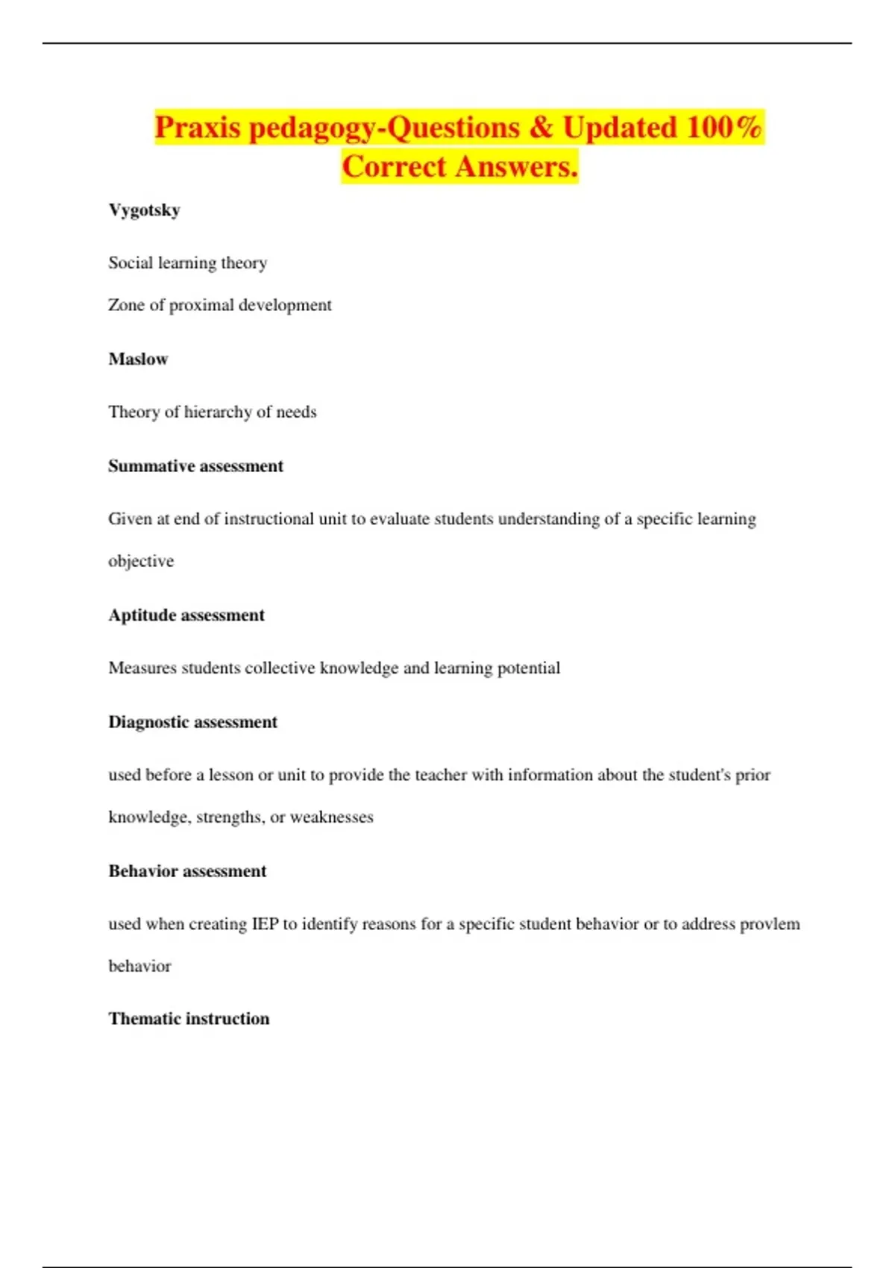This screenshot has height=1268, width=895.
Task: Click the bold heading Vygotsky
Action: [x=144, y=210]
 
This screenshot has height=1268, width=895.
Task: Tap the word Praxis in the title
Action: [x=198, y=128]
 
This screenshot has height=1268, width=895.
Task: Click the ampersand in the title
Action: [x=541, y=128]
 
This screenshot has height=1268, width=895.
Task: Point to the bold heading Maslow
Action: [x=138, y=360]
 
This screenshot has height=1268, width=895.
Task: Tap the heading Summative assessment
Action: [x=195, y=466]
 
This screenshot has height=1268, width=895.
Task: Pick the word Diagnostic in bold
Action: [x=145, y=722]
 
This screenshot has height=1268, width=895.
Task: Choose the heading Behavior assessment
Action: [x=187, y=871]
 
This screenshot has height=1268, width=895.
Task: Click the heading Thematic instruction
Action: [x=189, y=1019]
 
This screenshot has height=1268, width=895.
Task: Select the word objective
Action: [x=141, y=562]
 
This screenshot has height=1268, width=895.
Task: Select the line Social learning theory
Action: [x=187, y=263]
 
